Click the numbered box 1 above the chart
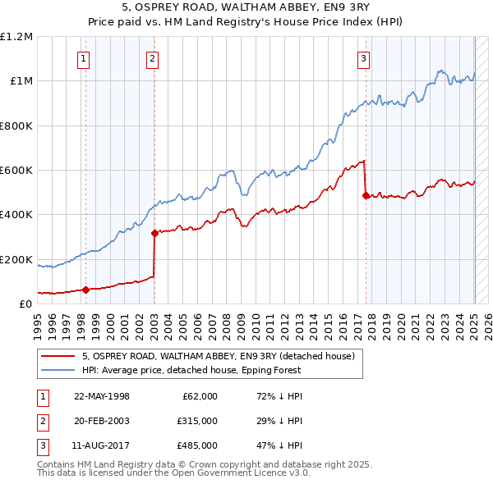[85, 58]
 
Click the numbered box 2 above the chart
[153, 58]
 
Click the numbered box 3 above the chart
[363, 58]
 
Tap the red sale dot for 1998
[85, 290]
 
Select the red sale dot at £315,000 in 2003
[154, 234]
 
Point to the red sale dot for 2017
[365, 195]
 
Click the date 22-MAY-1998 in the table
[102, 396]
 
